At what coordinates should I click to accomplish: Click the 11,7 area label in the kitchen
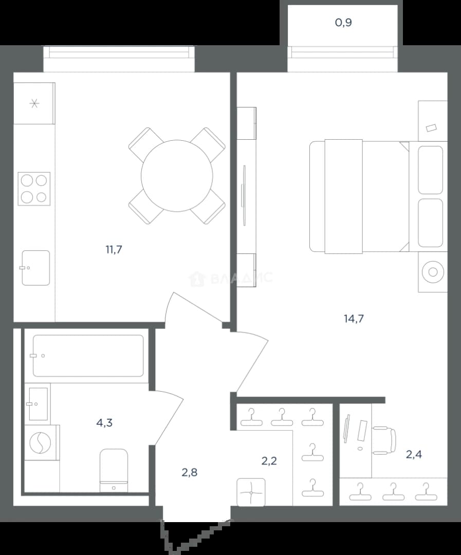114,250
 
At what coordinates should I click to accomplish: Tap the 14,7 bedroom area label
354,319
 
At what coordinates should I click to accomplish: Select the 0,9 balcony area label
343,23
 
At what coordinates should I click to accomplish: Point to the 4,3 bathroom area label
104,422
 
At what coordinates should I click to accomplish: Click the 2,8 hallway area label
190,472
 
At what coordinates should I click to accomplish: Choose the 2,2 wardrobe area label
269,461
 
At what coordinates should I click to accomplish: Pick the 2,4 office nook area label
414,454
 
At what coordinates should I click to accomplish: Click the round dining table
177,176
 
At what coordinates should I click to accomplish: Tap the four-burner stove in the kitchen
34,189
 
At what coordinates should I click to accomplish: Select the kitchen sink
36,268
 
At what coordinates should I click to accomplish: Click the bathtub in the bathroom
88,356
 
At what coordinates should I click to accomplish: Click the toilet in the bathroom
114,471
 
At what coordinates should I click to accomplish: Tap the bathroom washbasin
38,404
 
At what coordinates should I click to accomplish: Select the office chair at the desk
384,440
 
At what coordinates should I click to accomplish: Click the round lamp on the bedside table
433,272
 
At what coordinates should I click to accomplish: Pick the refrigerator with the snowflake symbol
34,103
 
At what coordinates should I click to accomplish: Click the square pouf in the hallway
251,492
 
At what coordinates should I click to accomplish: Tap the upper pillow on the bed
430,170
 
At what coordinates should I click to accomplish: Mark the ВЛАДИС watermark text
232,278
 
